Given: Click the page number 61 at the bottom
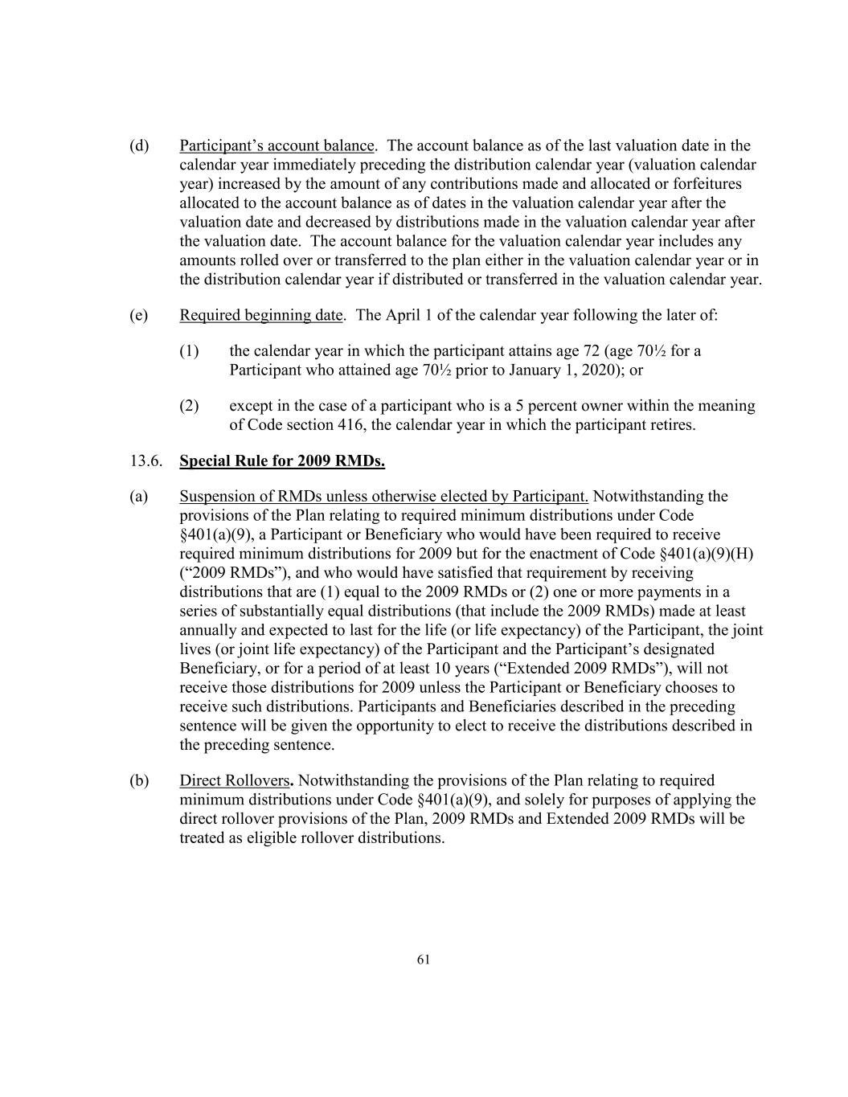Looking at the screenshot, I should point(424,959).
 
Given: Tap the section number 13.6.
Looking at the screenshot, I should point(145,461).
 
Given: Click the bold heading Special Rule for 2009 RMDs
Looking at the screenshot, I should point(281,461).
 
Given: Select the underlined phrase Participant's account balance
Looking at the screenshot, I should point(277,145).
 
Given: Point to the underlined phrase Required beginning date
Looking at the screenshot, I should point(260,315).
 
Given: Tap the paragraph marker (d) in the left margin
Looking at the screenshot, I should point(139,145).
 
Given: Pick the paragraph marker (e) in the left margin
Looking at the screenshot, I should point(139,315).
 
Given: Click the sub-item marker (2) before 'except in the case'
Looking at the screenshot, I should point(189,405).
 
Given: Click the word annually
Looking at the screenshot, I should point(207,630).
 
